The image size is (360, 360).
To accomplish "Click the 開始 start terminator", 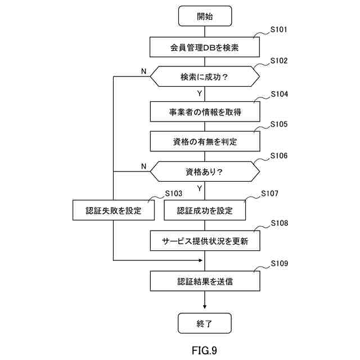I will pyautogui.click(x=205, y=16).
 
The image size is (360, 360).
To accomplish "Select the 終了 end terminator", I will pyautogui.click(x=205, y=324).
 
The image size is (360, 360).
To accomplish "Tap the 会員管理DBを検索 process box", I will pyautogui.click(x=205, y=47).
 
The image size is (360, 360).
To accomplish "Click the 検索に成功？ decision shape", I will pyautogui.click(x=205, y=77).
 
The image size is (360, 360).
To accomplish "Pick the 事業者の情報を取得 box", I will pyautogui.click(x=205, y=111).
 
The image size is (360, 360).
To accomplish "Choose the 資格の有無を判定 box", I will pyautogui.click(x=205, y=142).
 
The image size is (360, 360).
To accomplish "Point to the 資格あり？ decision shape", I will pyautogui.click(x=205, y=172).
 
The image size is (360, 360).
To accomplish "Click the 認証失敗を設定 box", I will pyautogui.click(x=114, y=210).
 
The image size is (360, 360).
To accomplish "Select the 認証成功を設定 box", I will pyautogui.click(x=205, y=210).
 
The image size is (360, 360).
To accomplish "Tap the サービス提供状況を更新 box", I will pyautogui.click(x=205, y=241).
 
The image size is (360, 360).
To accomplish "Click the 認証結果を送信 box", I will pyautogui.click(x=205, y=281).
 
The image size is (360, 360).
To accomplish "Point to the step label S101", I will pyautogui.click(x=279, y=30).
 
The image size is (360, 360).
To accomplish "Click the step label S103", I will pyautogui.click(x=173, y=193).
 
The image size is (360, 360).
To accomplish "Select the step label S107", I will pyautogui.click(x=270, y=193).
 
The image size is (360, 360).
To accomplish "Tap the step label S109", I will pyautogui.click(x=279, y=263).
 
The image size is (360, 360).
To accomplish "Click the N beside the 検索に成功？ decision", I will pyautogui.click(x=143, y=71).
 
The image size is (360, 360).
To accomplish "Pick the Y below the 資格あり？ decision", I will pyautogui.click(x=200, y=188).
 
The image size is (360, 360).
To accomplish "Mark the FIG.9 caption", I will pyautogui.click(x=204, y=350).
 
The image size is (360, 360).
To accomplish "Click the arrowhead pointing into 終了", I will pyautogui.click(x=205, y=307).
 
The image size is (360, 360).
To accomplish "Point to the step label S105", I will pyautogui.click(x=279, y=124).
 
